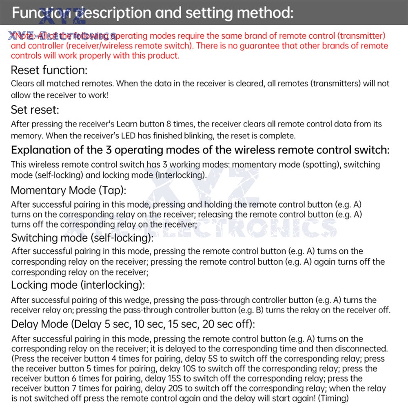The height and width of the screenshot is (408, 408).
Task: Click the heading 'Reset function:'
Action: click(49, 70)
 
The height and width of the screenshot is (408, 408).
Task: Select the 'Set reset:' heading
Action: click(35, 110)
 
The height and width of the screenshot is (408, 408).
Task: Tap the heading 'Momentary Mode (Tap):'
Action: click(69, 190)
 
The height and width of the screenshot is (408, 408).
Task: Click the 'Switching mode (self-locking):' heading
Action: click(82, 237)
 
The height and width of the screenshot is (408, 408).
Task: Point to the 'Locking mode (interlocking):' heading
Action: click(78, 285)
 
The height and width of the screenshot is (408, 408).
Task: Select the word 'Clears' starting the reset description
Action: click(22, 84)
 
